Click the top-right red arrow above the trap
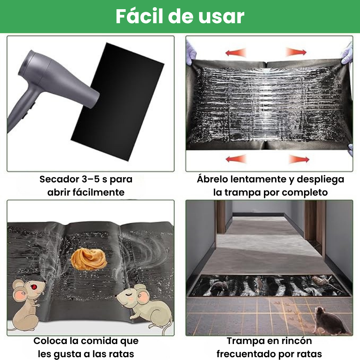click(296, 52)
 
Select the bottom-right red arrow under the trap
click(299, 159)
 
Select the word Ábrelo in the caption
click(212, 179)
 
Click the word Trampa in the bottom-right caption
click(244, 341)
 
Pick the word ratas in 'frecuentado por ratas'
click(308, 354)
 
